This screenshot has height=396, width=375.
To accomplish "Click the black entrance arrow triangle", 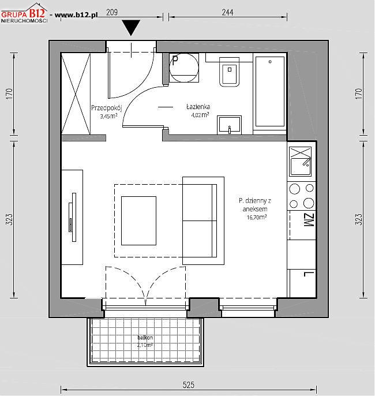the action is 131,27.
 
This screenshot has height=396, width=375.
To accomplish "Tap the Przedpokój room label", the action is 107,108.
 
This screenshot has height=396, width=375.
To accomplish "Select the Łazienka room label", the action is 198,107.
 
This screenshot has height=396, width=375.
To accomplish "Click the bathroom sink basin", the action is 229,125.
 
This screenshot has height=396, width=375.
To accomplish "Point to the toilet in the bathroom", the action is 230,72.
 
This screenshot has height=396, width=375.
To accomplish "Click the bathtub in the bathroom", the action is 270,91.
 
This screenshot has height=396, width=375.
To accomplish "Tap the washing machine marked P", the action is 184,68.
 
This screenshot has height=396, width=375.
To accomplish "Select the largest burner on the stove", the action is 309,203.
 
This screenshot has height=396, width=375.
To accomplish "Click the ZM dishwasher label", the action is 309,220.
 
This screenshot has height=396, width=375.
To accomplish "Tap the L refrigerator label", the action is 309,274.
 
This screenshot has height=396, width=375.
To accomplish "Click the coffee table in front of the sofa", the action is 138,221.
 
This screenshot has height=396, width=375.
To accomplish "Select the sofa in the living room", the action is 204,221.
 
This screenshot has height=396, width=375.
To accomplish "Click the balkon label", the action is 145,337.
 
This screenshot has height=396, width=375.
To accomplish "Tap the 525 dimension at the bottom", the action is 189,385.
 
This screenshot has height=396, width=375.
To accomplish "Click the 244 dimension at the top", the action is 227,12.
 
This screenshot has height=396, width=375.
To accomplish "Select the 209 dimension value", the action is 112,12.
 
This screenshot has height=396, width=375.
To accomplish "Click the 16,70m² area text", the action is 257,217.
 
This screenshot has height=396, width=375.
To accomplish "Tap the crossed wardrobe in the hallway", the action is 76,94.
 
